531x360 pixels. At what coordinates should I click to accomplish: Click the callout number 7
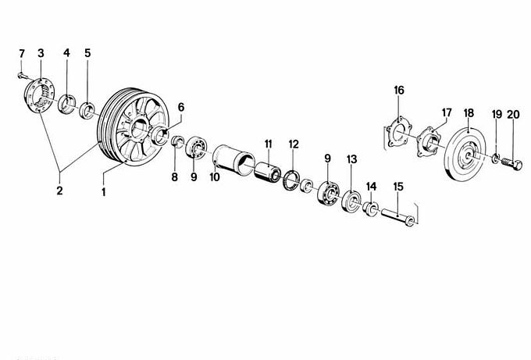tap(22, 54)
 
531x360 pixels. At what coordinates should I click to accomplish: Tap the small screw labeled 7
tap(22, 77)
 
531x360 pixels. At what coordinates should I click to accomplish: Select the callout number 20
tap(513, 115)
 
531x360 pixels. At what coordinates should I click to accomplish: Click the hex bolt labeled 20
tap(511, 164)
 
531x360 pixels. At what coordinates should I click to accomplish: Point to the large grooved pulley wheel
tap(133, 127)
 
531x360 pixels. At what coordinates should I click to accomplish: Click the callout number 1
tap(104, 192)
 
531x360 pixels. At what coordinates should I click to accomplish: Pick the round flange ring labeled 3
tap(39, 95)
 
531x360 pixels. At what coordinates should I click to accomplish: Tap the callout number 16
tap(399, 90)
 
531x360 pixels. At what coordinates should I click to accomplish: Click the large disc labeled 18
tap(465, 155)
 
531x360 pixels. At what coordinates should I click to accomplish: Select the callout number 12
tap(294, 144)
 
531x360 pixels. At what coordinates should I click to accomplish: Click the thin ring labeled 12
tap(291, 180)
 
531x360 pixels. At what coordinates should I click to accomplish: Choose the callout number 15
tap(398, 187)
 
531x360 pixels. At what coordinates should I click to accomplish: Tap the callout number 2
tap(59, 191)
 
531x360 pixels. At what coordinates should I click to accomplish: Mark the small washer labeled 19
tap(495, 158)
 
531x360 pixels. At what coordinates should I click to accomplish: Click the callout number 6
tap(181, 107)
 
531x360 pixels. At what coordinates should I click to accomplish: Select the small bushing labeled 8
tap(176, 141)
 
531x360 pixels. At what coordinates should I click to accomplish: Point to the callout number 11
tap(268, 144)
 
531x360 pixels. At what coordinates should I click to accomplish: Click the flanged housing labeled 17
tap(429, 141)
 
